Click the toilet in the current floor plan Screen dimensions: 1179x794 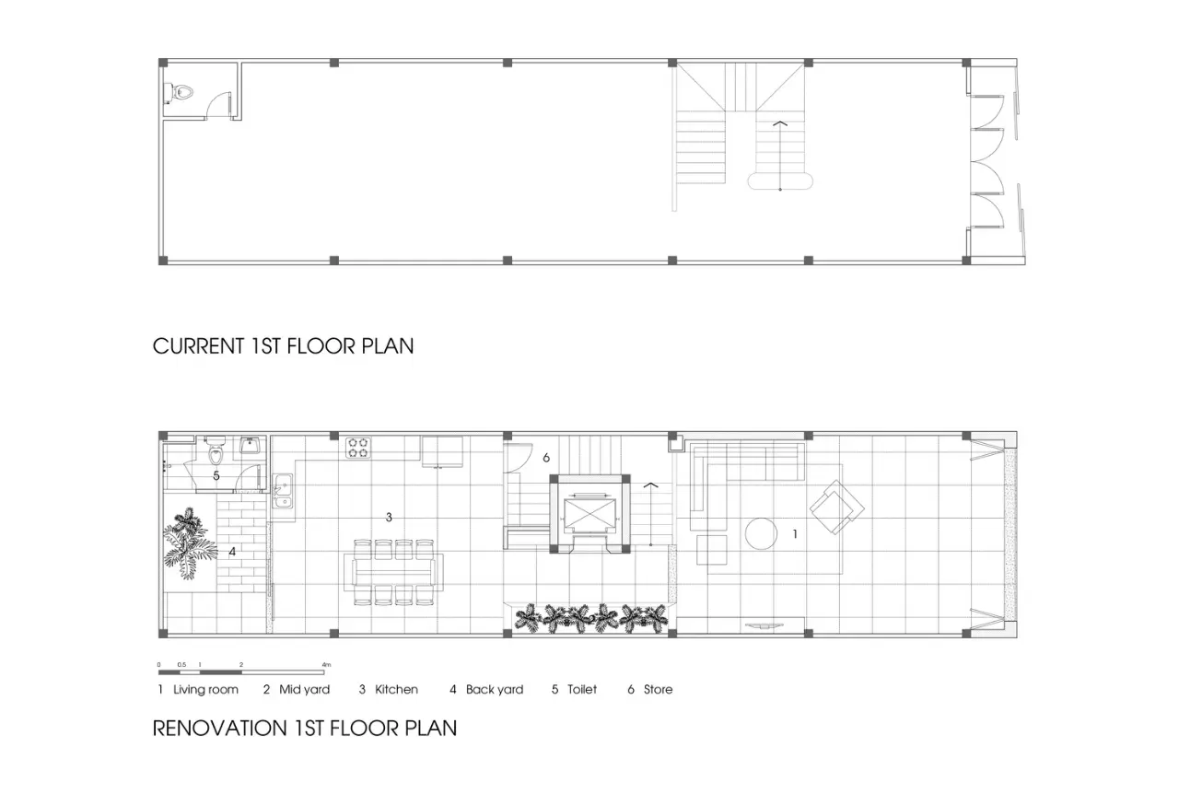click(179, 93)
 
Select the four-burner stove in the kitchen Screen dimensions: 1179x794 click(358, 448)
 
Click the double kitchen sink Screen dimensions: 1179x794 click(283, 491)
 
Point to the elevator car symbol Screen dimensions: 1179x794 click(589, 515)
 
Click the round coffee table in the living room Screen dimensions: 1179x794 click(761, 533)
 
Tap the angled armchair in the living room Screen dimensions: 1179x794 click(837, 507)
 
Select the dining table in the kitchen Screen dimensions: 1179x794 click(393, 572)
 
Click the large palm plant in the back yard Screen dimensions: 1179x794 click(190, 543)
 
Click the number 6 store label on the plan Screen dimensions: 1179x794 click(546, 458)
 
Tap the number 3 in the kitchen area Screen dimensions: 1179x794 click(389, 518)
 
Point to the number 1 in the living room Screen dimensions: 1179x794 click(795, 534)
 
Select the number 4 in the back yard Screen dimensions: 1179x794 click(232, 552)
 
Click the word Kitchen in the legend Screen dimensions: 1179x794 click(396, 689)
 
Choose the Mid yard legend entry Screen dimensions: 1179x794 click(297, 689)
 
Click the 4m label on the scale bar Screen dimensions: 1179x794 click(326, 665)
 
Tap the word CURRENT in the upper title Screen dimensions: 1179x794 click(198, 346)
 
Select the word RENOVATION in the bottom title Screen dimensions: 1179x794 click(219, 729)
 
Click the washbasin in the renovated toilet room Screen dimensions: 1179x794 click(250, 446)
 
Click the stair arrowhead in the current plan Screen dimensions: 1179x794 click(780, 123)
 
